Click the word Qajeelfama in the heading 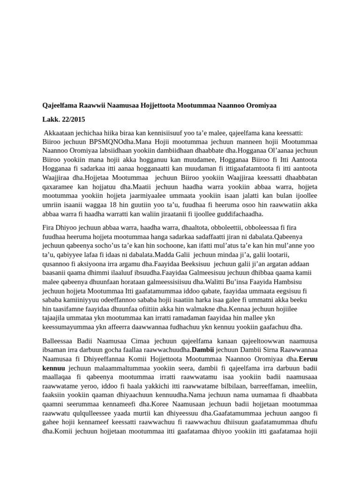click(x=58, y=105)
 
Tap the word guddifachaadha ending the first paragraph click(x=237, y=214)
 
